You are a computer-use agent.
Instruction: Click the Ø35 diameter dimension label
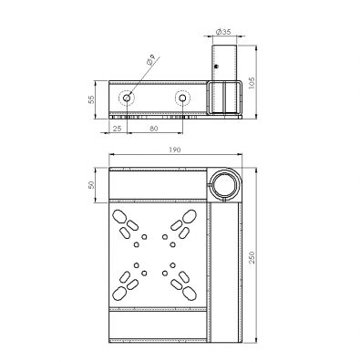pyautogui.click(x=223, y=31)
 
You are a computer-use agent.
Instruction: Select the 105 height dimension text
pyautogui.click(x=252, y=83)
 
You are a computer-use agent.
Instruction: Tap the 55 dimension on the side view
pyautogui.click(x=91, y=99)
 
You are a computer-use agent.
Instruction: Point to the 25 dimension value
pyautogui.click(x=117, y=129)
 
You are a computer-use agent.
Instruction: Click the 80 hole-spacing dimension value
pyautogui.click(x=154, y=129)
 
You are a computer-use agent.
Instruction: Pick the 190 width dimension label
pyautogui.click(x=175, y=150)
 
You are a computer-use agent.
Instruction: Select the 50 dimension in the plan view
pyautogui.click(x=91, y=185)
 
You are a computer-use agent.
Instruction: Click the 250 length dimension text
pyautogui.click(x=252, y=257)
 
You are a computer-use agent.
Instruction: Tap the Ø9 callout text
pyautogui.click(x=151, y=59)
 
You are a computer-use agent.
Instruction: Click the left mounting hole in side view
pyautogui.click(x=127, y=98)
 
